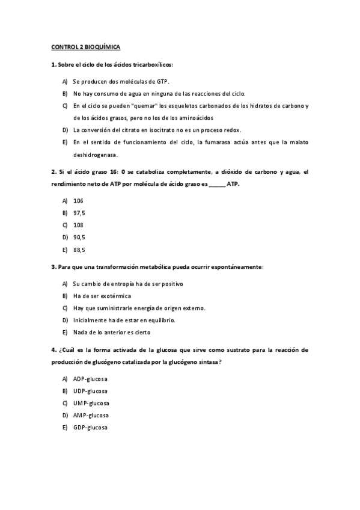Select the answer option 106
[x=78, y=201]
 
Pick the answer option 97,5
[x=79, y=213]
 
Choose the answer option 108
[x=78, y=225]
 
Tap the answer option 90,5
[x=79, y=237]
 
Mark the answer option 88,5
[x=79, y=249]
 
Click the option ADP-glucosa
[x=90, y=379]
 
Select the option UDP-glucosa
[x=90, y=391]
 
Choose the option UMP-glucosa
[x=91, y=403]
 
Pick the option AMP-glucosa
[x=91, y=415]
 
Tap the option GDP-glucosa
[x=90, y=427]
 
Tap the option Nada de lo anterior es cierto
[x=111, y=332]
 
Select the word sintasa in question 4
[x=208, y=361]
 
